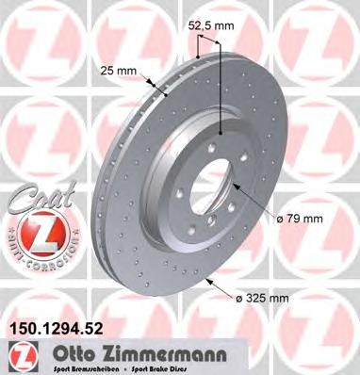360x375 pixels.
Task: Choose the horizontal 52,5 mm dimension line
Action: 210,42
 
